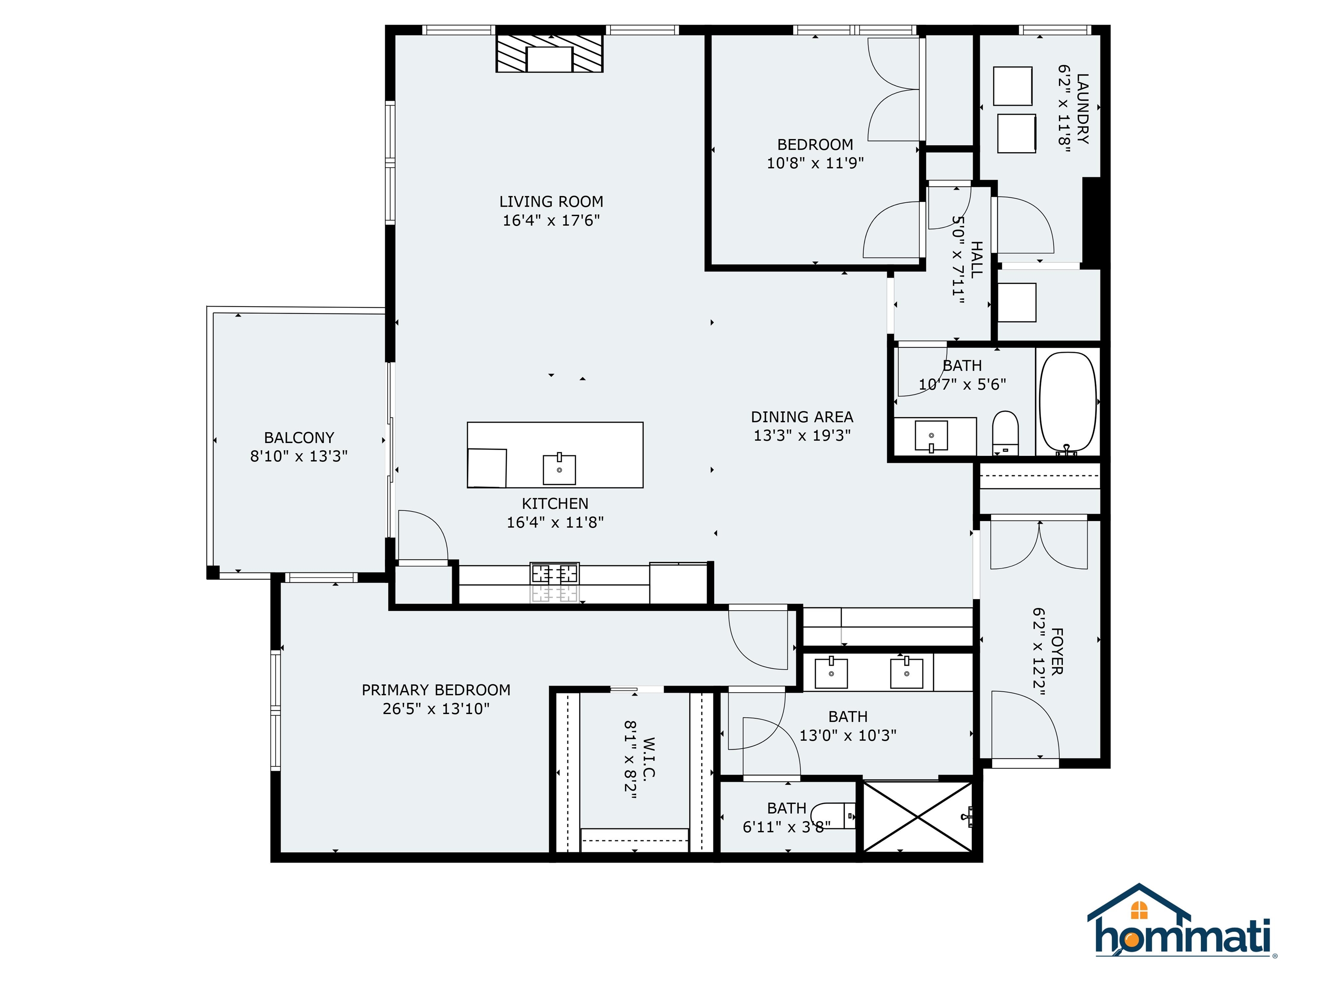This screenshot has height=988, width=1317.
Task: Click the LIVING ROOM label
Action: pyautogui.click(x=551, y=202)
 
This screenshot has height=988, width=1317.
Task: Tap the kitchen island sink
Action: pyautogui.click(x=559, y=469)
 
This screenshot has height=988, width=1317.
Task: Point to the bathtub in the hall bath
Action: pyautogui.click(x=1067, y=402)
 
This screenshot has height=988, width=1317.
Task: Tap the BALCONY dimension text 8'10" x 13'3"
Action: pyautogui.click(x=298, y=456)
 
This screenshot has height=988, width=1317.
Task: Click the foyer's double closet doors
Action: pyautogui.click(x=1039, y=545)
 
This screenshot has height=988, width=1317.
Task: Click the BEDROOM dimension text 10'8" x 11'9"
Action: pyautogui.click(x=815, y=163)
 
